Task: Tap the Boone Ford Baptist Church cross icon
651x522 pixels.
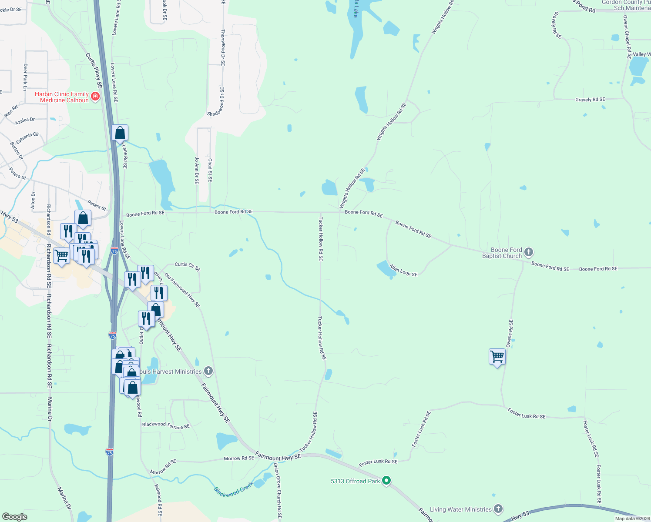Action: [529, 252]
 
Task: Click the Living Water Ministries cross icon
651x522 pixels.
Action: [498, 509]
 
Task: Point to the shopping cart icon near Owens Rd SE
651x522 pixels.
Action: [497, 357]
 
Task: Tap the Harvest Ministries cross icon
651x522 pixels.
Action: [208, 371]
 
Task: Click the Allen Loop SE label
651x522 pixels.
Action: [403, 271]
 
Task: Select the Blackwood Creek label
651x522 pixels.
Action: [233, 489]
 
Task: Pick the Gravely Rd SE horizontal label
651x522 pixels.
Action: [590, 100]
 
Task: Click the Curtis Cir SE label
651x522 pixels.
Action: [188, 266]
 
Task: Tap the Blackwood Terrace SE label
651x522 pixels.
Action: [166, 425]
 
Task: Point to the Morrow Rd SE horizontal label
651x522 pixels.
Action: [239, 458]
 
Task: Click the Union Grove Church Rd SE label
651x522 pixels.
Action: [278, 491]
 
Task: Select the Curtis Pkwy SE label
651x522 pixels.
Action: [94, 70]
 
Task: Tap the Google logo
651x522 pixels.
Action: [15, 517]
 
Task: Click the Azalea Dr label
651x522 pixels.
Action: [25, 120]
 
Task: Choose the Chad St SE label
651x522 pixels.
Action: [210, 170]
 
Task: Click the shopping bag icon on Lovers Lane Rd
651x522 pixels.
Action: [120, 133]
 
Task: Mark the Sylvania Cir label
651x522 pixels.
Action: [27, 138]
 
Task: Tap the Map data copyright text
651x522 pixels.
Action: [632, 519]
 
